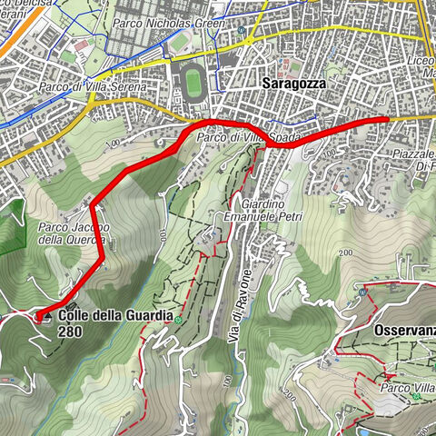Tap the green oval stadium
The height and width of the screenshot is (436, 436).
[x=193, y=83]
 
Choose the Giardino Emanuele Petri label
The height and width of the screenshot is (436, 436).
[x=270, y=211]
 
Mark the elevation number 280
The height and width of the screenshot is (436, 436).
[x=68, y=332]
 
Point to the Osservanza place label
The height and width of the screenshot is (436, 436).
[x=403, y=332]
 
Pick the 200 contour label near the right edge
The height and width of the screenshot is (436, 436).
[x=344, y=252]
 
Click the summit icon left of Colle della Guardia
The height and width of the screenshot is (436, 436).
[x=41, y=316]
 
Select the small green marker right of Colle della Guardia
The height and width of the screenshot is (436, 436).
[x=180, y=320]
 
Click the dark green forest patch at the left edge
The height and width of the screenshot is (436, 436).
[x=11, y=227]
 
